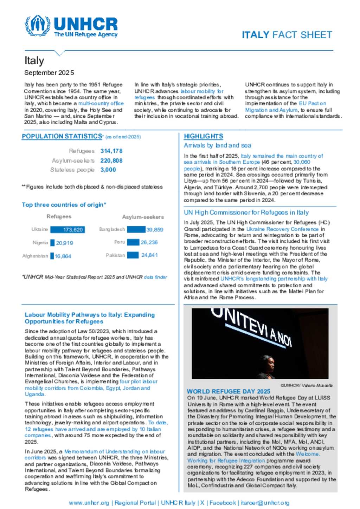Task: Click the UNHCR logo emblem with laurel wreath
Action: point(38,25)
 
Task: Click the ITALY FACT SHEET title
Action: point(287,35)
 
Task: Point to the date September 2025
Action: point(49,73)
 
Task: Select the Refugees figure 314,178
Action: point(111,151)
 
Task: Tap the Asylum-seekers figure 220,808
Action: point(111,161)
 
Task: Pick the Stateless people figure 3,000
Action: point(108,170)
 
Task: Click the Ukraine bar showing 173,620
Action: point(67,230)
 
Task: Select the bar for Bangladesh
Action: point(136,230)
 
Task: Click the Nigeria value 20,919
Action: point(65,243)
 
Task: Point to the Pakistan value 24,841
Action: point(149,255)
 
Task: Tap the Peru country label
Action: point(120,242)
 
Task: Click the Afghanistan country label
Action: point(35,256)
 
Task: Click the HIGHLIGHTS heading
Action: point(203,136)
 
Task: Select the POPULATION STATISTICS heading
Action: point(62,136)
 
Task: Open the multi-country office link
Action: point(101,104)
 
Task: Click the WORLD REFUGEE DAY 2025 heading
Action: point(228,391)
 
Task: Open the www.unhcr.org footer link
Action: point(89,503)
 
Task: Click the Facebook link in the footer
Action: point(223,503)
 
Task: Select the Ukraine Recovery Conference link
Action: point(282,229)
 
